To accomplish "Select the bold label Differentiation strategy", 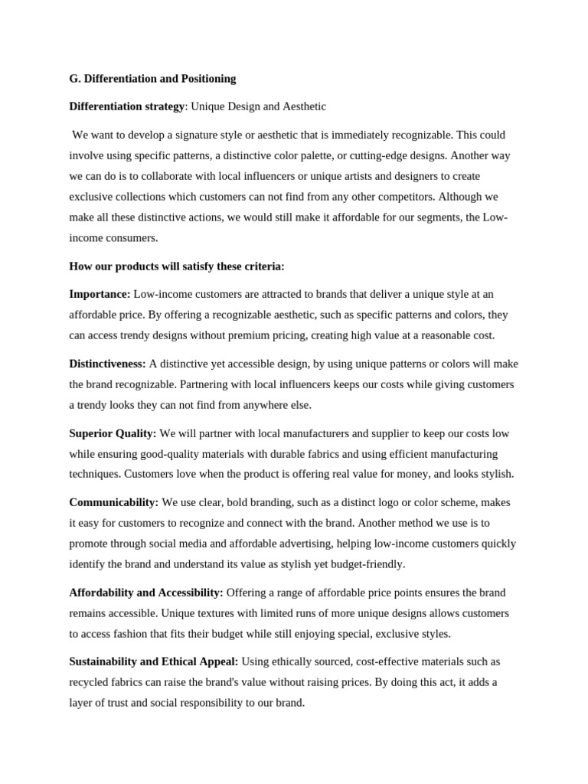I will coord(127,106).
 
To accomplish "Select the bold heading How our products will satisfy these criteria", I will coord(177,266).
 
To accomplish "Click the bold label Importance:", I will coord(100,294).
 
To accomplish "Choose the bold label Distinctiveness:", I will coord(107,364).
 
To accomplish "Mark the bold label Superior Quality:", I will coord(113,433).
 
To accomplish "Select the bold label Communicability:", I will coord(114,502).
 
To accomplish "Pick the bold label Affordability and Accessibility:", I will coord(146,593).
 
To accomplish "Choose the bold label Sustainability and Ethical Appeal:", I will coord(154,661).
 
